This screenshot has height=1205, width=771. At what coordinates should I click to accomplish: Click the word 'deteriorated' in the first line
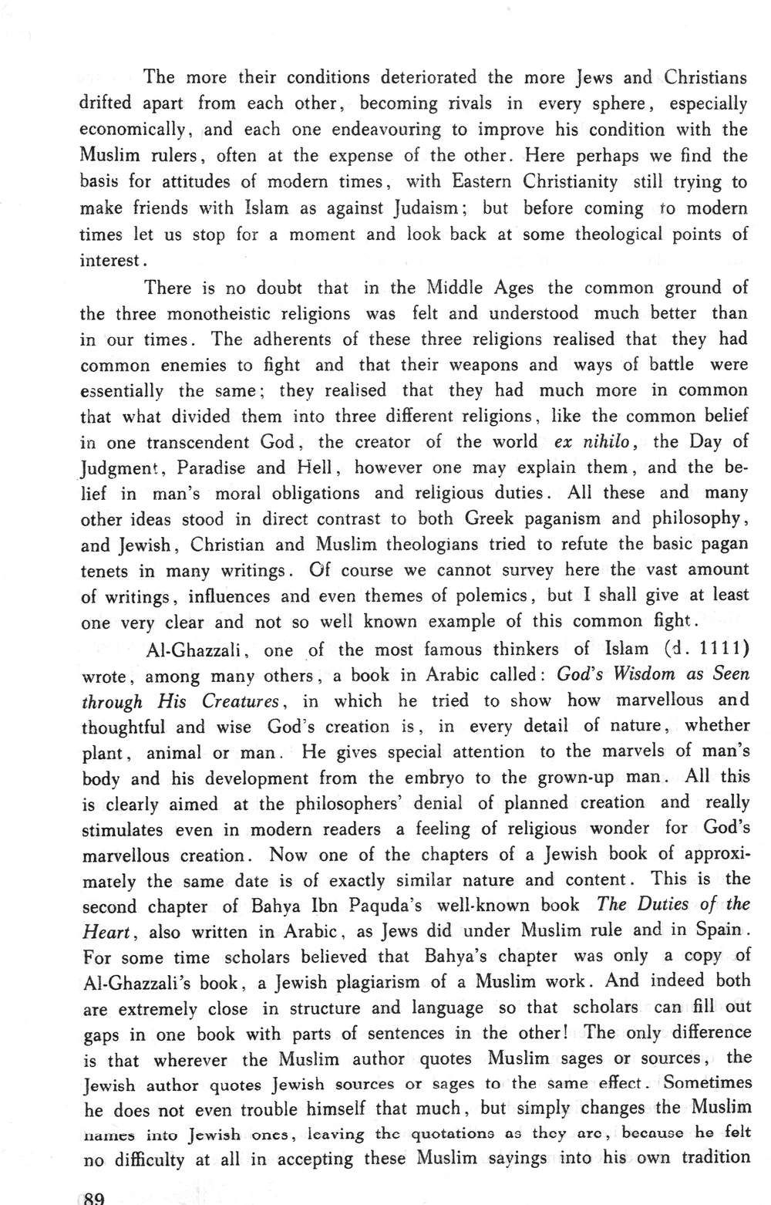(420, 78)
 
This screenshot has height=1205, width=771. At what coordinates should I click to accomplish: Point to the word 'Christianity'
(571, 183)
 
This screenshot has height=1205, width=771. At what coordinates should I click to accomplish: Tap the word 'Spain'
(716, 930)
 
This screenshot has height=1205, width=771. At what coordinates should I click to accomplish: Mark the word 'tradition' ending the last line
(712, 1158)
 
